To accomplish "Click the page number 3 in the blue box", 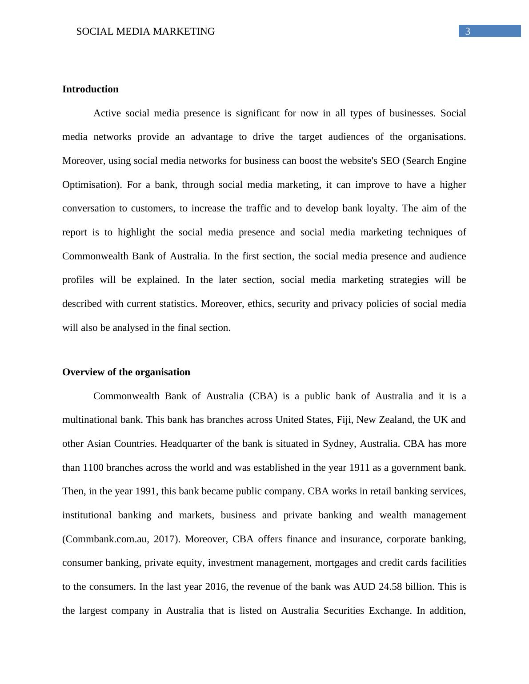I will tap(468, 32).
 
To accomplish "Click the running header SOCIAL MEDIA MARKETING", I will tap(145, 32).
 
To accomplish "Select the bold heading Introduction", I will tap(90, 89).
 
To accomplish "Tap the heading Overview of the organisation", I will tap(126, 372).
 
